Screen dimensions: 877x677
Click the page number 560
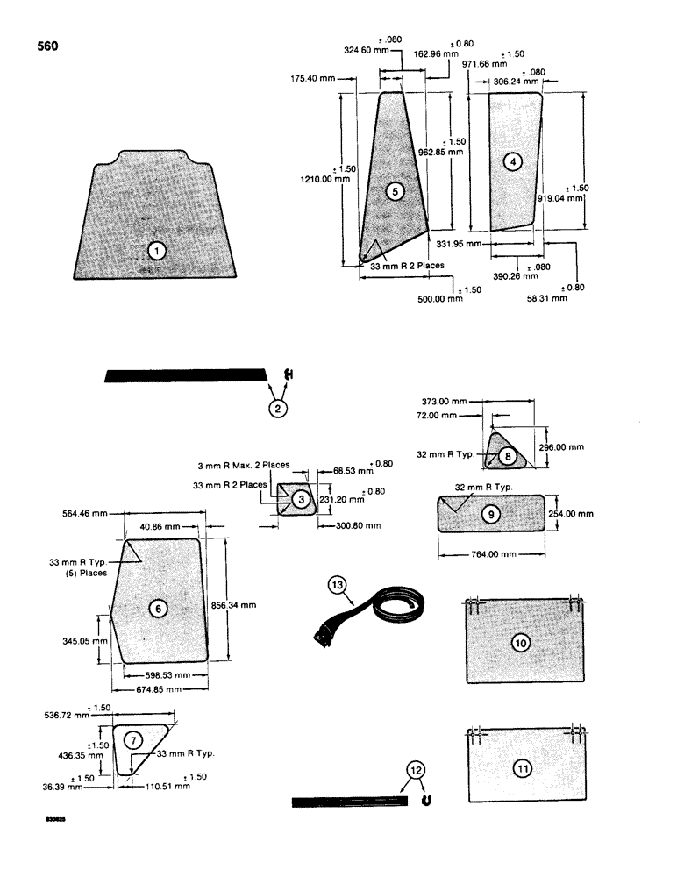pyautogui.click(x=47, y=46)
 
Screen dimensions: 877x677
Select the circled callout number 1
pyautogui.click(x=157, y=252)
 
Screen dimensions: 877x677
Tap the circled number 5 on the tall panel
pyautogui.click(x=396, y=190)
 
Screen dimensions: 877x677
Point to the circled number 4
pyautogui.click(x=513, y=160)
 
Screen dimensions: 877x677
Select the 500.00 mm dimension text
pyautogui.click(x=441, y=299)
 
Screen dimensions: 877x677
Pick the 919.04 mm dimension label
pyautogui.click(x=565, y=199)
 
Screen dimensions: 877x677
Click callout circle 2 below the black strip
pyautogui.click(x=277, y=408)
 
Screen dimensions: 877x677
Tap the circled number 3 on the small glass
pyautogui.click(x=301, y=499)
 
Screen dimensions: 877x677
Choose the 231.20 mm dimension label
pyautogui.click(x=338, y=500)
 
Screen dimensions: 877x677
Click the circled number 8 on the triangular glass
pyautogui.click(x=508, y=456)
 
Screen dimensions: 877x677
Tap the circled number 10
pyautogui.click(x=521, y=643)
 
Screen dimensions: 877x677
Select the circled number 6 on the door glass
pyautogui.click(x=158, y=608)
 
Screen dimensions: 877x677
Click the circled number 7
pyautogui.click(x=132, y=740)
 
